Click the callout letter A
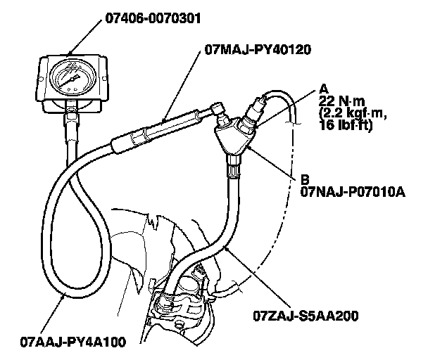coord(324,88)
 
